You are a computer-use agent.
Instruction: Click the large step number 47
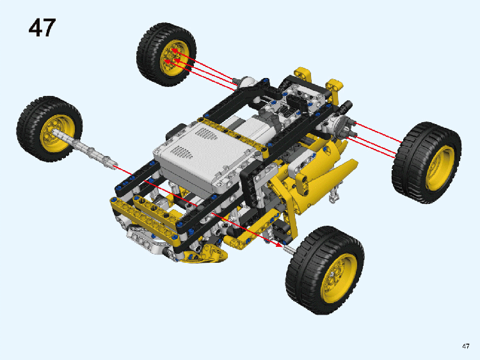pyautogui.click(x=42, y=28)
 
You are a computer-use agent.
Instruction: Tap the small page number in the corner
pyautogui.click(x=466, y=346)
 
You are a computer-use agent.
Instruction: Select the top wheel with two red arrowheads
pyautogui.click(x=166, y=54)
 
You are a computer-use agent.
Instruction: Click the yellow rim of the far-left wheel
pyautogui.click(x=56, y=134)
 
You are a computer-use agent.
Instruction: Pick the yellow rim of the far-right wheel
pyautogui.click(x=440, y=168)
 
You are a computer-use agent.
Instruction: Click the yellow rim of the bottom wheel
pyautogui.click(x=338, y=278)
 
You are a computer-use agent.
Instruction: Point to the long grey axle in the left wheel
pyautogui.click(x=84, y=148)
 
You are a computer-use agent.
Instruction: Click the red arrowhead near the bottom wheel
pyautogui.click(x=278, y=244)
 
